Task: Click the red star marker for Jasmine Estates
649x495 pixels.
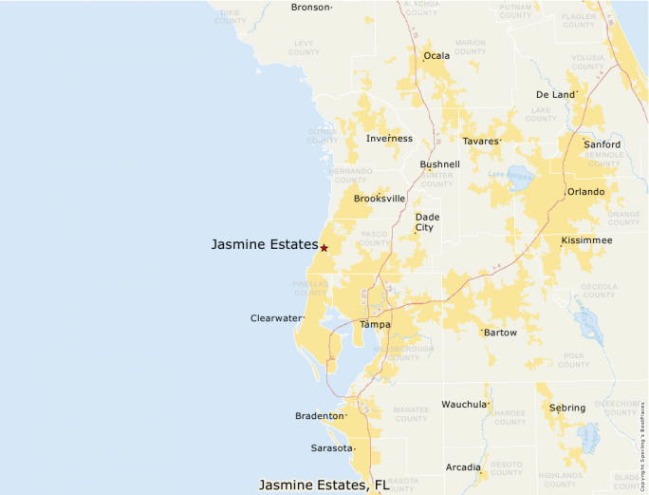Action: click(x=324, y=248)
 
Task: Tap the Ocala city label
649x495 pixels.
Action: click(x=436, y=56)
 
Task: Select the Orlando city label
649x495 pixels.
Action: click(x=585, y=192)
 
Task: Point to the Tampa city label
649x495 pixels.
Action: click(x=375, y=325)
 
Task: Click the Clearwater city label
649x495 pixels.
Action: click(x=275, y=318)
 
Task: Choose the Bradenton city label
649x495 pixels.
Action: click(x=319, y=416)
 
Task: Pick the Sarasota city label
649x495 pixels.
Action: click(x=332, y=448)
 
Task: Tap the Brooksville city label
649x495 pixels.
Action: click(x=380, y=199)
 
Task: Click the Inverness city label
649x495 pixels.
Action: click(x=389, y=139)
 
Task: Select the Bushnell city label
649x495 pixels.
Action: click(x=439, y=164)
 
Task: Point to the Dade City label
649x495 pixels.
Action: click(x=427, y=222)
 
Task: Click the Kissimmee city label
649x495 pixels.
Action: click(x=586, y=240)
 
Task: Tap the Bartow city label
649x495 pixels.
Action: click(x=500, y=333)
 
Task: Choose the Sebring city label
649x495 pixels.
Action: click(x=567, y=408)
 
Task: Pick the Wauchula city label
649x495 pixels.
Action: click(x=464, y=405)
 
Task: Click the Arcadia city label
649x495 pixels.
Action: click(x=462, y=467)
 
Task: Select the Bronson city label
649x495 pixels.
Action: click(x=310, y=8)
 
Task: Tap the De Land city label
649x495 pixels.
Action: click(x=555, y=95)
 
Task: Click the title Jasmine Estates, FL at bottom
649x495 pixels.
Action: click(x=324, y=485)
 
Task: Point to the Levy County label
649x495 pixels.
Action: click(x=304, y=48)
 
